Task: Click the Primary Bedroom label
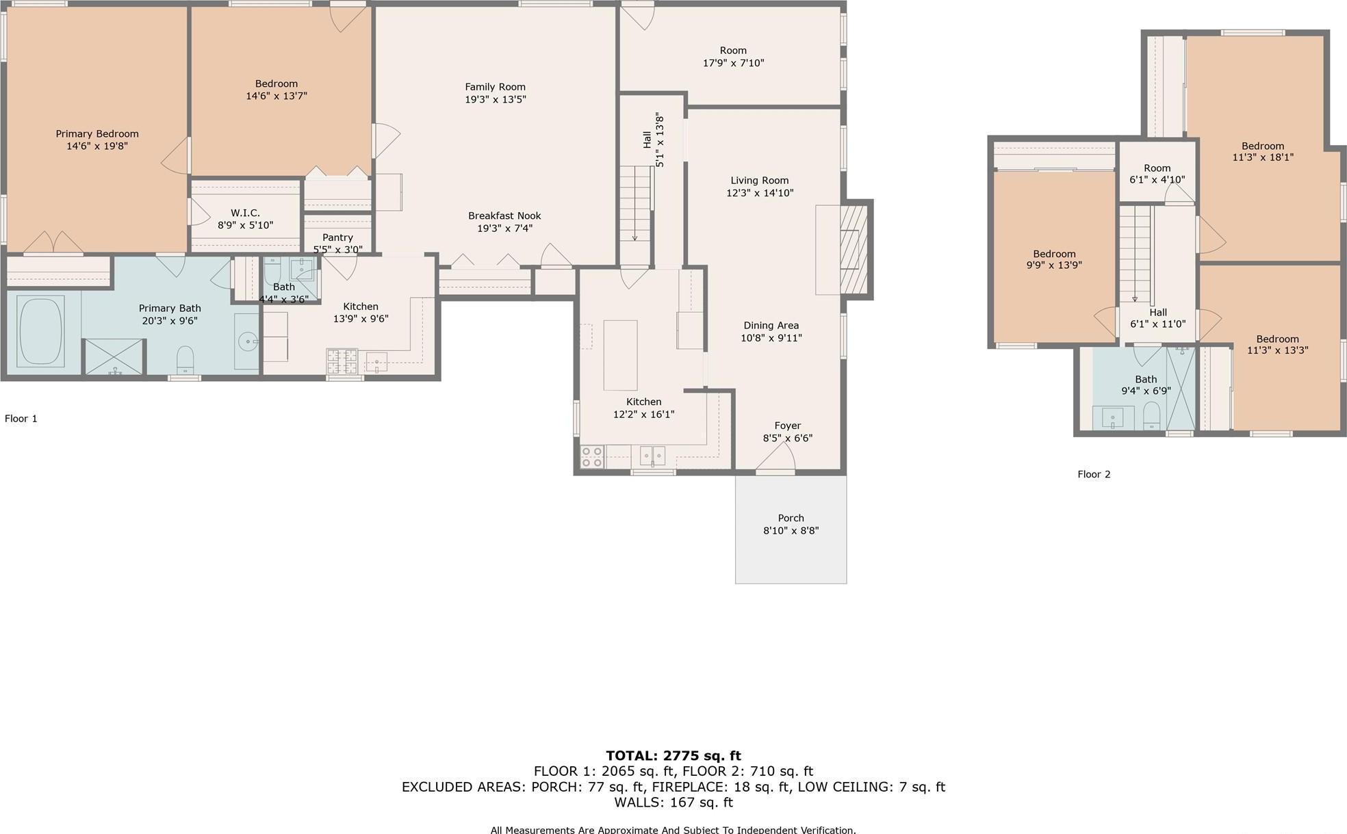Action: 97,134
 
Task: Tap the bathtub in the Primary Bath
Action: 40,331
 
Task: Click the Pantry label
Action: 337,237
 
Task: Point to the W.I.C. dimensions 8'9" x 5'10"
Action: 245,225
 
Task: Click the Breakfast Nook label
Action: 504,216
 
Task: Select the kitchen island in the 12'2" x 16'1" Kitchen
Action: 620,355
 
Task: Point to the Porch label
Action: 791,519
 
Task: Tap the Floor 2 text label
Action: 1094,474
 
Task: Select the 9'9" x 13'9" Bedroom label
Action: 1054,254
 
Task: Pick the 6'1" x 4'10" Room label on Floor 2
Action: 1157,168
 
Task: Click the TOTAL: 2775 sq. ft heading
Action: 673,756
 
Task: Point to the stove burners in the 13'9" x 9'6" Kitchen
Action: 342,361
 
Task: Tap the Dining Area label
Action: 771,326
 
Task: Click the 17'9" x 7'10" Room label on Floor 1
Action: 733,51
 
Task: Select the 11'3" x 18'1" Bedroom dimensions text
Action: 1263,157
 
